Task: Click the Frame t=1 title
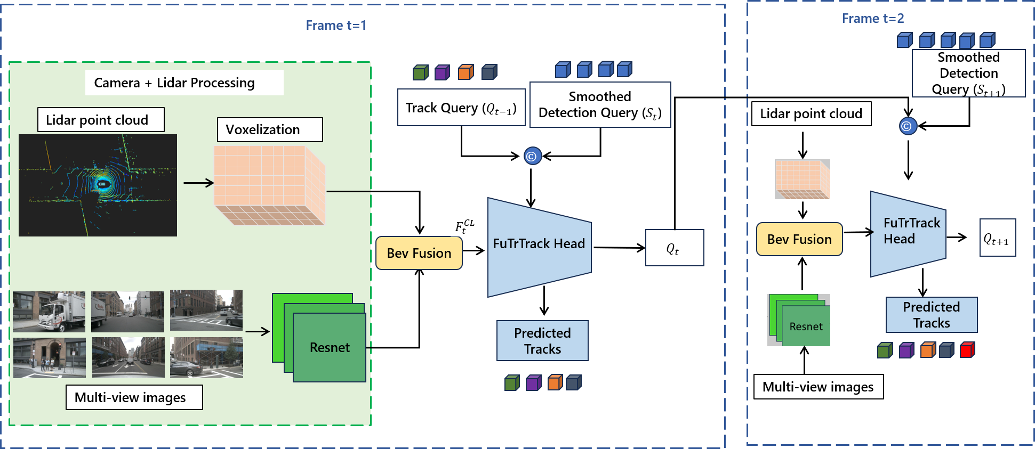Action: pyautogui.click(x=336, y=25)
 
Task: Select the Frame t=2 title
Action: pyautogui.click(x=873, y=18)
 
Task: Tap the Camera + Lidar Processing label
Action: pyautogui.click(x=174, y=83)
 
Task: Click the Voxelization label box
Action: pyautogui.click(x=270, y=129)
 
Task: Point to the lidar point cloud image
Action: pyautogui.click(x=98, y=185)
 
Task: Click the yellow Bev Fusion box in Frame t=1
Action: pyautogui.click(x=419, y=253)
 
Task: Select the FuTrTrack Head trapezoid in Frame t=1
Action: pyautogui.click(x=539, y=245)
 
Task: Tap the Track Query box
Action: pyautogui.click(x=461, y=108)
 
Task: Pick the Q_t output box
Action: pyautogui.click(x=674, y=248)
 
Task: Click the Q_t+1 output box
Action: pyautogui.click(x=997, y=238)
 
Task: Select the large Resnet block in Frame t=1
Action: pyautogui.click(x=330, y=347)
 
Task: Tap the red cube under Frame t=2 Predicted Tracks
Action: pyautogui.click(x=967, y=350)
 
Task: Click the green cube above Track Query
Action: pyautogui.click(x=420, y=72)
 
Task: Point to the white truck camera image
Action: pyautogui.click(x=49, y=312)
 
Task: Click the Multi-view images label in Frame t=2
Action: pyautogui.click(x=819, y=387)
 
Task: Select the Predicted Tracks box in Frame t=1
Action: pyautogui.click(x=542, y=341)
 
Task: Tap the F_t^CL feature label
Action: pyautogui.click(x=464, y=226)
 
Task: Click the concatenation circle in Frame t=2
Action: pyautogui.click(x=908, y=126)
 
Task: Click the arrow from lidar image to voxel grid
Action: pyautogui.click(x=198, y=183)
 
